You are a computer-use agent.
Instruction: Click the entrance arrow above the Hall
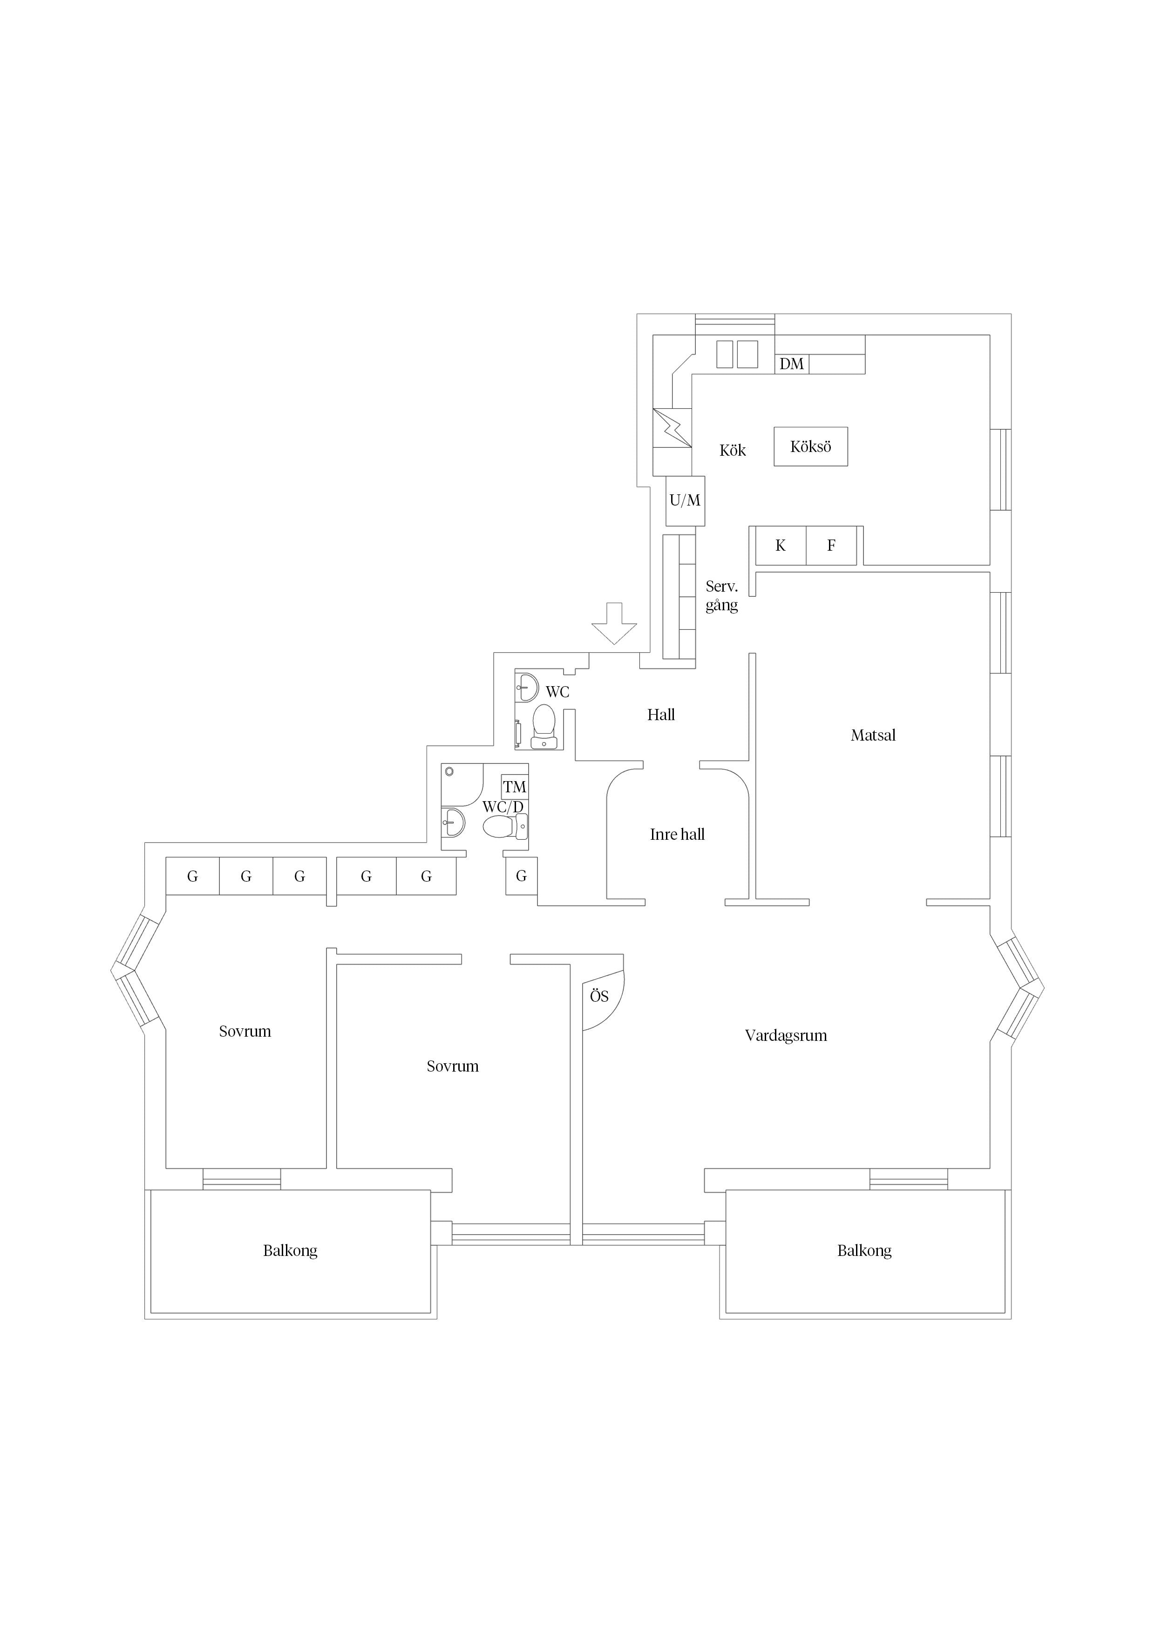tap(614, 623)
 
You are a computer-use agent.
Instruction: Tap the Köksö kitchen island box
tap(810, 447)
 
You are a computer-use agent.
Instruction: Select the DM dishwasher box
tap(791, 364)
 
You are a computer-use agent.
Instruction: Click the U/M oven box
tap(685, 501)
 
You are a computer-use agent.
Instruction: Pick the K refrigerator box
tap(781, 546)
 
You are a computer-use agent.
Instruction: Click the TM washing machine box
tap(515, 787)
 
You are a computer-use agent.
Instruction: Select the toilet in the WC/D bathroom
tap(504, 826)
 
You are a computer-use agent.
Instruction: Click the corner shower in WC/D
tap(462, 784)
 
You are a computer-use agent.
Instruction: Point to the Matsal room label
tap(872, 736)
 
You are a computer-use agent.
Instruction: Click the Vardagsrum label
tap(786, 1036)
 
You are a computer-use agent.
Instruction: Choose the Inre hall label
tap(677, 834)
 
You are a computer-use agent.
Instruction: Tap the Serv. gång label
tap(721, 596)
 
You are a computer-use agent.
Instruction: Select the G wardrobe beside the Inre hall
tap(522, 876)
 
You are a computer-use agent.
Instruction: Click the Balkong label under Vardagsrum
tap(864, 1250)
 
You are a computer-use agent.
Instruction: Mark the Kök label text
tap(732, 450)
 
